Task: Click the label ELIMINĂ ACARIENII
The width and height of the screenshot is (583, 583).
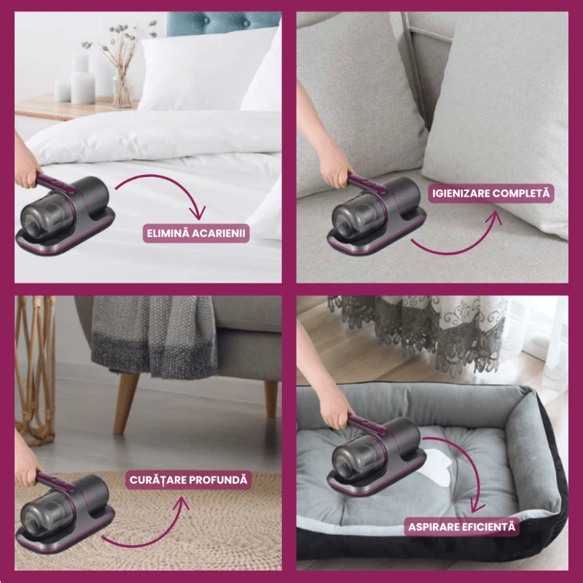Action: pyautogui.click(x=196, y=233)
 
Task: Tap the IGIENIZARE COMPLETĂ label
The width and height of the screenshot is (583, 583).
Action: pyautogui.click(x=490, y=193)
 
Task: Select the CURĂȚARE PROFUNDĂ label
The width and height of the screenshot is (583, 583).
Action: pyautogui.click(x=189, y=480)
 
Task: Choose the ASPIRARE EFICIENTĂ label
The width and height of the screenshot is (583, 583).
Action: pyautogui.click(x=462, y=527)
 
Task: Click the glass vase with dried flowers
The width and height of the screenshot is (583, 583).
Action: pyautogui.click(x=122, y=89)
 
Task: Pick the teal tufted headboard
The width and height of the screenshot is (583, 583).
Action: pyautogui.click(x=223, y=23)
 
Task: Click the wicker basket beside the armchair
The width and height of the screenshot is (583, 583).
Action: pyautogui.click(x=34, y=368)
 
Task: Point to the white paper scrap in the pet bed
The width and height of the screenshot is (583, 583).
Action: pyautogui.click(x=437, y=469)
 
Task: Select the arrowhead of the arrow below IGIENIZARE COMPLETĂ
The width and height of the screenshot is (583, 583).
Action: pyautogui.click(x=496, y=218)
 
